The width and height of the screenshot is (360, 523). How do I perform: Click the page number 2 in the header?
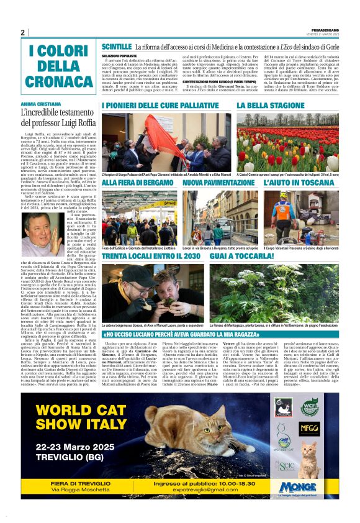22,32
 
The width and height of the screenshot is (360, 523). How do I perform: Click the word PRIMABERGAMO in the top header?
324,29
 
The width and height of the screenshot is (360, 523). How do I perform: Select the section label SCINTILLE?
117,47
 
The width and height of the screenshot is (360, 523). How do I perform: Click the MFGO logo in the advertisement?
308,427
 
